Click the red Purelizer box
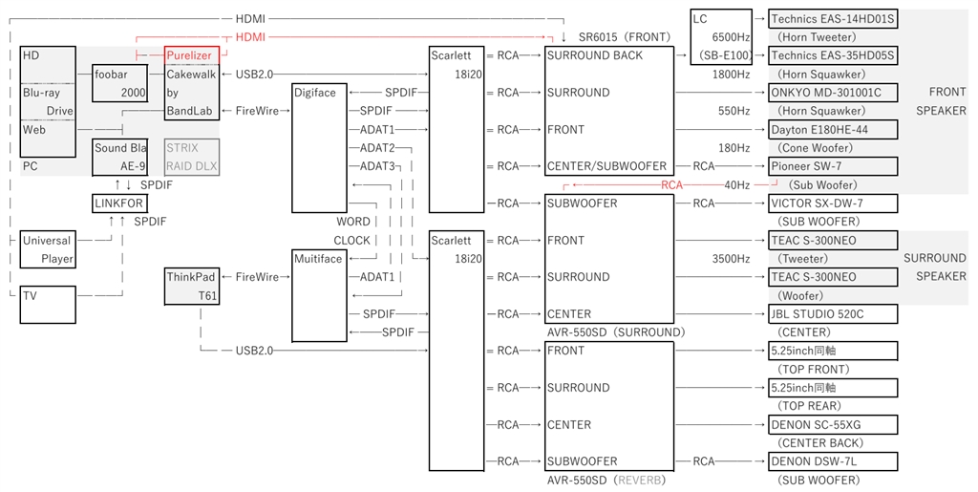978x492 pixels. coord(192,55)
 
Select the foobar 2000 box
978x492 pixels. coord(120,83)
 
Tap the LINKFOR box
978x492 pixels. coord(120,203)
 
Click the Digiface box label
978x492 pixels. coord(315,93)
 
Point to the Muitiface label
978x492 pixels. coord(318,259)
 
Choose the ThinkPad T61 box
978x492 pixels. coord(193,287)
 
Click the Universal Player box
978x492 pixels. coord(48,249)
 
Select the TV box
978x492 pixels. coord(48,305)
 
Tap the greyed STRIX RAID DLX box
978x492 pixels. coord(192,157)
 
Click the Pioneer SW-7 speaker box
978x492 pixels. coord(833,166)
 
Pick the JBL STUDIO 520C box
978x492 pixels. coord(833,314)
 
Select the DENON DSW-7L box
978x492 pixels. coord(833,461)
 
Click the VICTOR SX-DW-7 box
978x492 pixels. coord(833,203)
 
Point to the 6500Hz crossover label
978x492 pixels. coord(732,37)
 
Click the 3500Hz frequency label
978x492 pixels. coord(732,259)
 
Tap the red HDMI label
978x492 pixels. coord(250,37)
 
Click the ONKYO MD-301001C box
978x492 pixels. coord(833,93)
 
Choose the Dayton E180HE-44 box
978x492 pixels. coord(833,129)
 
